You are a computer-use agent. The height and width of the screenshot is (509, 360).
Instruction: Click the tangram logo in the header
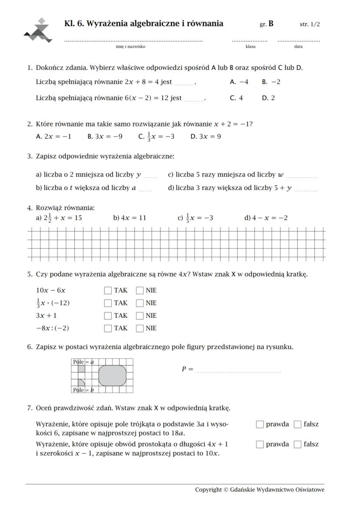point(38,31)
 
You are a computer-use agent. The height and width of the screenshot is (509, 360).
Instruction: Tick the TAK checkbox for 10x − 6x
point(108,290)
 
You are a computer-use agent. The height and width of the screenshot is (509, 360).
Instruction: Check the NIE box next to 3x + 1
point(140,316)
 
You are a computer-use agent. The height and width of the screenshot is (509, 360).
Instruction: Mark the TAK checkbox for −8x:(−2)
point(108,328)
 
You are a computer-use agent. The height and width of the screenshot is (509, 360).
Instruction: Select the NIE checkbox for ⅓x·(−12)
point(140,303)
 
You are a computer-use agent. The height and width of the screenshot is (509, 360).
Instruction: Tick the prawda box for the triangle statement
point(260,424)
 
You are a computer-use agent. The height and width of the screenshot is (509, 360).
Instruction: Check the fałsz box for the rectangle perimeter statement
point(297,444)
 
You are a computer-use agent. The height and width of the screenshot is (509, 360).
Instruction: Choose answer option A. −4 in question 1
point(239,82)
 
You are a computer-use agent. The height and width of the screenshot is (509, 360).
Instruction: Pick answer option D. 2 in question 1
point(268,98)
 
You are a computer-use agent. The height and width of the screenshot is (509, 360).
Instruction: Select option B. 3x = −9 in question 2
point(105,136)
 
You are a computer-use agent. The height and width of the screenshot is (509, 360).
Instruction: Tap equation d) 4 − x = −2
point(266,218)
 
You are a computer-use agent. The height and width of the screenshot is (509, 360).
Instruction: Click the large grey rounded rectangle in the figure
point(113,376)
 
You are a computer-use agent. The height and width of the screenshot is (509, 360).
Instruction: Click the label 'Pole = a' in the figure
point(83,362)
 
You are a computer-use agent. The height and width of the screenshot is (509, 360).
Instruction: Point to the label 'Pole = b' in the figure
point(83,390)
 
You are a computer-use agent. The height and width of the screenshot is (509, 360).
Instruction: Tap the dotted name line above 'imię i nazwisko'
point(133,41)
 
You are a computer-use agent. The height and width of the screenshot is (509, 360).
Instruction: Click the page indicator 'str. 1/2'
point(310,24)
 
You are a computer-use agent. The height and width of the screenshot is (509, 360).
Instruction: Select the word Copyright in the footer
point(208,490)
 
